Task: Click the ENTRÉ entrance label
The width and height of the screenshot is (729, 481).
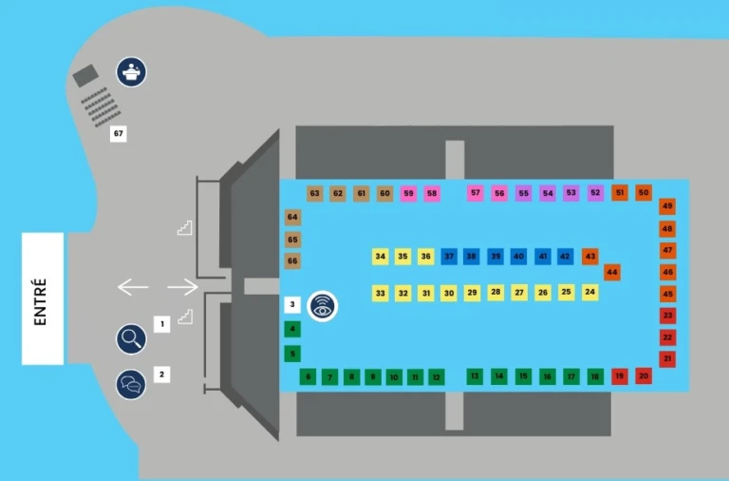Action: [x=42, y=298]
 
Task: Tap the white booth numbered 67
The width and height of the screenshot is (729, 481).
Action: [x=119, y=134]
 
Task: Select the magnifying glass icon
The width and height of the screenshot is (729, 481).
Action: [x=131, y=337]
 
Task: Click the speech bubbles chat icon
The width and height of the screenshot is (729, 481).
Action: [x=131, y=384]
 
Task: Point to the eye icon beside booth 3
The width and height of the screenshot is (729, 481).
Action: [x=324, y=306]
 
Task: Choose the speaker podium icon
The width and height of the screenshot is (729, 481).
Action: [x=131, y=71]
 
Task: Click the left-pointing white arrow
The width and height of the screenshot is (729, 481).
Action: [x=133, y=286]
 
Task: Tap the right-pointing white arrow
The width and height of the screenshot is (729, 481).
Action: [x=182, y=286]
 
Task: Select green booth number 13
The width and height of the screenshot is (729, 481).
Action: [x=475, y=376]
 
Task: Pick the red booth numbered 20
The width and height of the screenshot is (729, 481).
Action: [x=644, y=376]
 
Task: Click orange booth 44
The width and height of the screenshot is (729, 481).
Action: [x=612, y=273]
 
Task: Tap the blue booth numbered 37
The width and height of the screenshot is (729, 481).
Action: [x=449, y=257]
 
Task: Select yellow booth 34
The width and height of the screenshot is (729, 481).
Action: [x=381, y=257]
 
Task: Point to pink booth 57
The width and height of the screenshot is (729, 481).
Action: [x=476, y=193]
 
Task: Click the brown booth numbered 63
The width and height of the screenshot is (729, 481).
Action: [x=315, y=193]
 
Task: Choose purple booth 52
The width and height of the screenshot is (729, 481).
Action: [x=595, y=193]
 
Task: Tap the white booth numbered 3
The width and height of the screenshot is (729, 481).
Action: [x=292, y=305]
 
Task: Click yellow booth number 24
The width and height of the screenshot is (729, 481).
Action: [x=590, y=293]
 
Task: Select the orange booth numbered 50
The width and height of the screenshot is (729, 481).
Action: [x=644, y=193]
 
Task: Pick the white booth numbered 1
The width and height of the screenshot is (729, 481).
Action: [x=162, y=325]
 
